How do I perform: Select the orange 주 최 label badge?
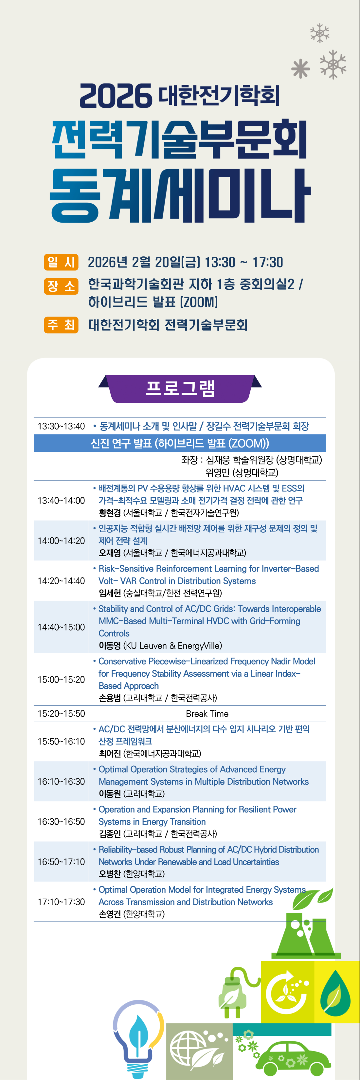[x=61, y=324]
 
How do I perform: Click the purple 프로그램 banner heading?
[x=180, y=388]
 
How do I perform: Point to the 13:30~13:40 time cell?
[x=61, y=426]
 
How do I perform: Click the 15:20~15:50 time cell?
[x=61, y=714]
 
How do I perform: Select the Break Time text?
[x=207, y=714]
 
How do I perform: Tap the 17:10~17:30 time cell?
[x=61, y=902]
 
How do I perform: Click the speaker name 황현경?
[x=109, y=513]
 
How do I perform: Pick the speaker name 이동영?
[x=109, y=646]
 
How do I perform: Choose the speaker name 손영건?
[x=109, y=914]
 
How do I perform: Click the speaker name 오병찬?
[x=109, y=874]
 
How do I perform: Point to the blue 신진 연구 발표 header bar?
[x=180, y=443]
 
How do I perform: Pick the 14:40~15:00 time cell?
[x=61, y=627]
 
